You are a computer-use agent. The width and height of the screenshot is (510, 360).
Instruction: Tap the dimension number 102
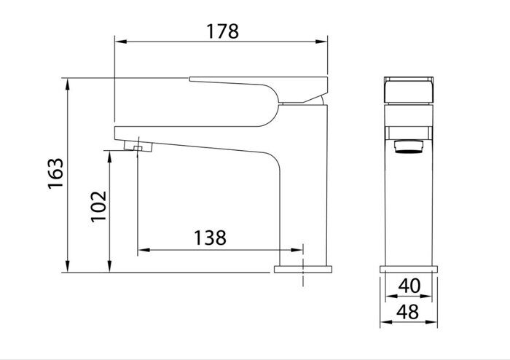[x=98, y=206]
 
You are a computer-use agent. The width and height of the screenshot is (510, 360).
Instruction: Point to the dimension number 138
[x=210, y=237]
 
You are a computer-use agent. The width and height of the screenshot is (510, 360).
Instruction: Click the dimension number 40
[x=410, y=286]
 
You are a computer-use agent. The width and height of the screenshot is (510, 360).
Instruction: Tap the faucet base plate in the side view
[x=302, y=269]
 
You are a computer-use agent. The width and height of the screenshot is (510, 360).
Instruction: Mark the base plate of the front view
[x=410, y=269]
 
